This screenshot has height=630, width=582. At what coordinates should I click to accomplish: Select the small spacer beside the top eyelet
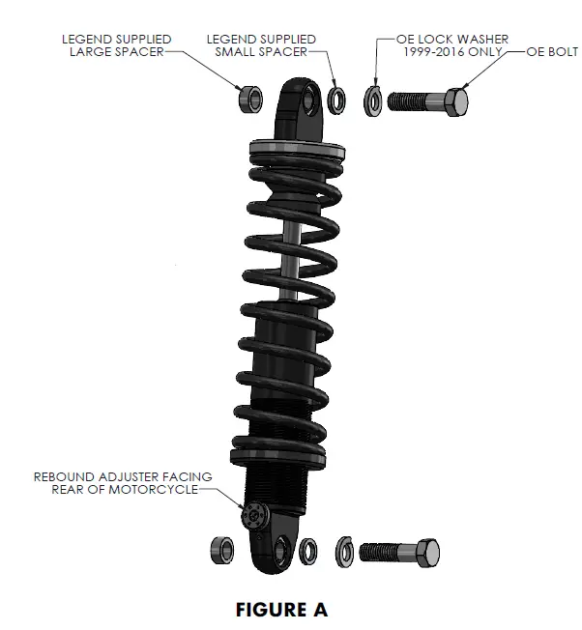tap(337, 99)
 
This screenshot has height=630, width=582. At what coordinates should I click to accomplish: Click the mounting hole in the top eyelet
tap(310, 95)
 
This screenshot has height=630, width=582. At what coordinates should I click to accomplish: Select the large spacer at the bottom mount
tap(222, 551)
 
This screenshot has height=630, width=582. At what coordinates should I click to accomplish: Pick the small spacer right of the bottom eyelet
tap(309, 552)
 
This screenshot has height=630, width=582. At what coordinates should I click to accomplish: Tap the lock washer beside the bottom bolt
tap(344, 552)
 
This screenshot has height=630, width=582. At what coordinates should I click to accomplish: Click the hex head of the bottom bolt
tap(427, 552)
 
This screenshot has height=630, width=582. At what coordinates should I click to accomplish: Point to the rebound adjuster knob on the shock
tap(255, 516)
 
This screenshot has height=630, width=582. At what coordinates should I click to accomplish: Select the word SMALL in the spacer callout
tap(237, 51)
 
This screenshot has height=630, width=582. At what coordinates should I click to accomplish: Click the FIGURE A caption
tap(282, 610)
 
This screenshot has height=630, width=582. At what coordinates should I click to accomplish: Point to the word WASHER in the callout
tap(480, 39)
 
